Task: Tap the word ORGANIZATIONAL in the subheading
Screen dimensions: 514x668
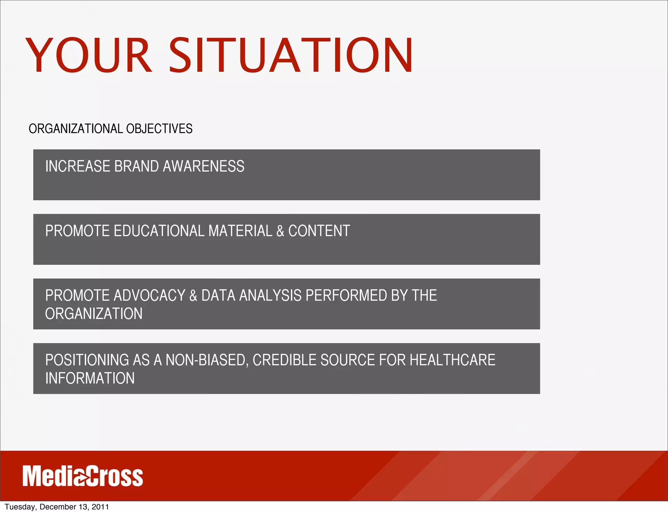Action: click(76, 129)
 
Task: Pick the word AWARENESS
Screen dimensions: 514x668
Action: click(204, 166)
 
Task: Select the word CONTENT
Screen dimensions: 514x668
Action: click(319, 231)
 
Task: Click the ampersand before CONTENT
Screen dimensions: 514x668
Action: click(280, 231)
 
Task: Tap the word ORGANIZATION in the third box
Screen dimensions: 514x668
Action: click(94, 314)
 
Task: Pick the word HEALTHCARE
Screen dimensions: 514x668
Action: click(452, 360)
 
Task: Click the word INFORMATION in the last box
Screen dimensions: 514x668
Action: click(90, 378)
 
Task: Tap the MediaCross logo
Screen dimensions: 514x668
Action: click(83, 476)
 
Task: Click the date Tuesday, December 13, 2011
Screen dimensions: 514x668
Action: click(57, 507)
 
